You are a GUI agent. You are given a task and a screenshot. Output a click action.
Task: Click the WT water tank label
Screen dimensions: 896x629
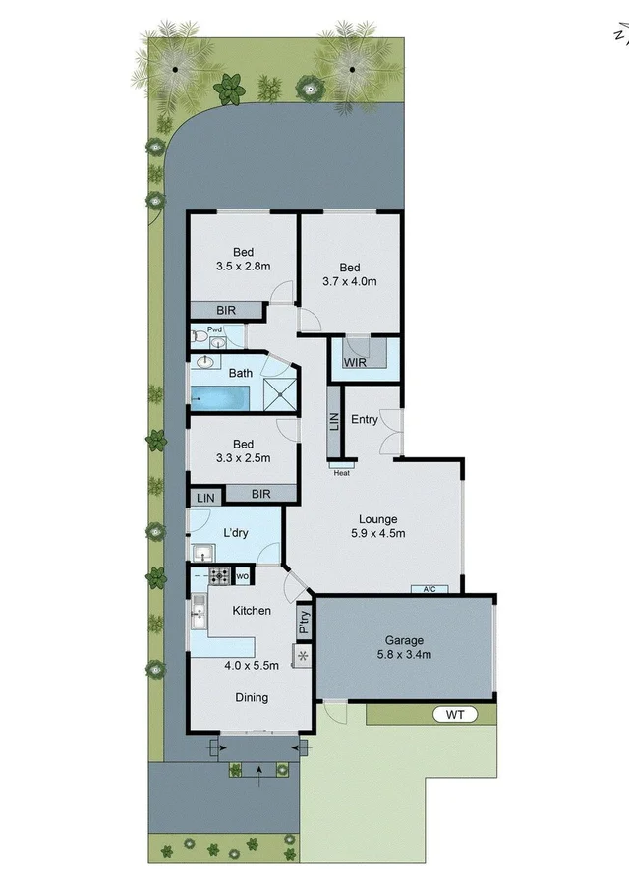[x=454, y=715]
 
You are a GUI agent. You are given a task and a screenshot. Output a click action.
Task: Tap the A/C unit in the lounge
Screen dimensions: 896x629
[x=429, y=589]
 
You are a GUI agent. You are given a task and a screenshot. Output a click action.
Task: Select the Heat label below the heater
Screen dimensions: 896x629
[x=342, y=473]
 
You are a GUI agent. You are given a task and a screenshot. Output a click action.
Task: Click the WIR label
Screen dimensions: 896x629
[x=354, y=362]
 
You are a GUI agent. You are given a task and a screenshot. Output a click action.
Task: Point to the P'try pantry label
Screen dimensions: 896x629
[x=304, y=621]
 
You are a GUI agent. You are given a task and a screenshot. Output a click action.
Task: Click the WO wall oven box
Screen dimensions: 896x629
[x=241, y=575]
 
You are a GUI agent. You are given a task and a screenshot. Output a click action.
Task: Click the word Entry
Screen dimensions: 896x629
[x=364, y=420]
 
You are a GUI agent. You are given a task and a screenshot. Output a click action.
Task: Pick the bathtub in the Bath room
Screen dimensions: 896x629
[x=220, y=398]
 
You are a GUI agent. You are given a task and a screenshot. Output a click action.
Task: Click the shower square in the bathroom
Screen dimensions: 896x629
[x=280, y=395]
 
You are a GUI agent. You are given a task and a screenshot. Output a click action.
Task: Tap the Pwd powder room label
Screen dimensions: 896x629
[x=214, y=329]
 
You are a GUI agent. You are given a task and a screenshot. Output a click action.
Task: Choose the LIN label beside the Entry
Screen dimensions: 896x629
[x=333, y=422]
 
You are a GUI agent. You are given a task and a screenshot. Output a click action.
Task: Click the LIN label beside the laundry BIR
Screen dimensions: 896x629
[x=205, y=499]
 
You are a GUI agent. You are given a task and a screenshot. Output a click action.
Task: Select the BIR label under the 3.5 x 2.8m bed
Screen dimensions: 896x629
[x=226, y=311]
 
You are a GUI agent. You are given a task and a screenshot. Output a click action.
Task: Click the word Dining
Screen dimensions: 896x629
[x=252, y=698]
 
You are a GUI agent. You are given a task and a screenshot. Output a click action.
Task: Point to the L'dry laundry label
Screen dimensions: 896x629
[x=236, y=533]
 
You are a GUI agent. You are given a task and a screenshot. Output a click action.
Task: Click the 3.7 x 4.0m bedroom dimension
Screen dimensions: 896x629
[x=350, y=281]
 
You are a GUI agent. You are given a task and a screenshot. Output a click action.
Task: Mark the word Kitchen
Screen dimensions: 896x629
[x=252, y=611]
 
